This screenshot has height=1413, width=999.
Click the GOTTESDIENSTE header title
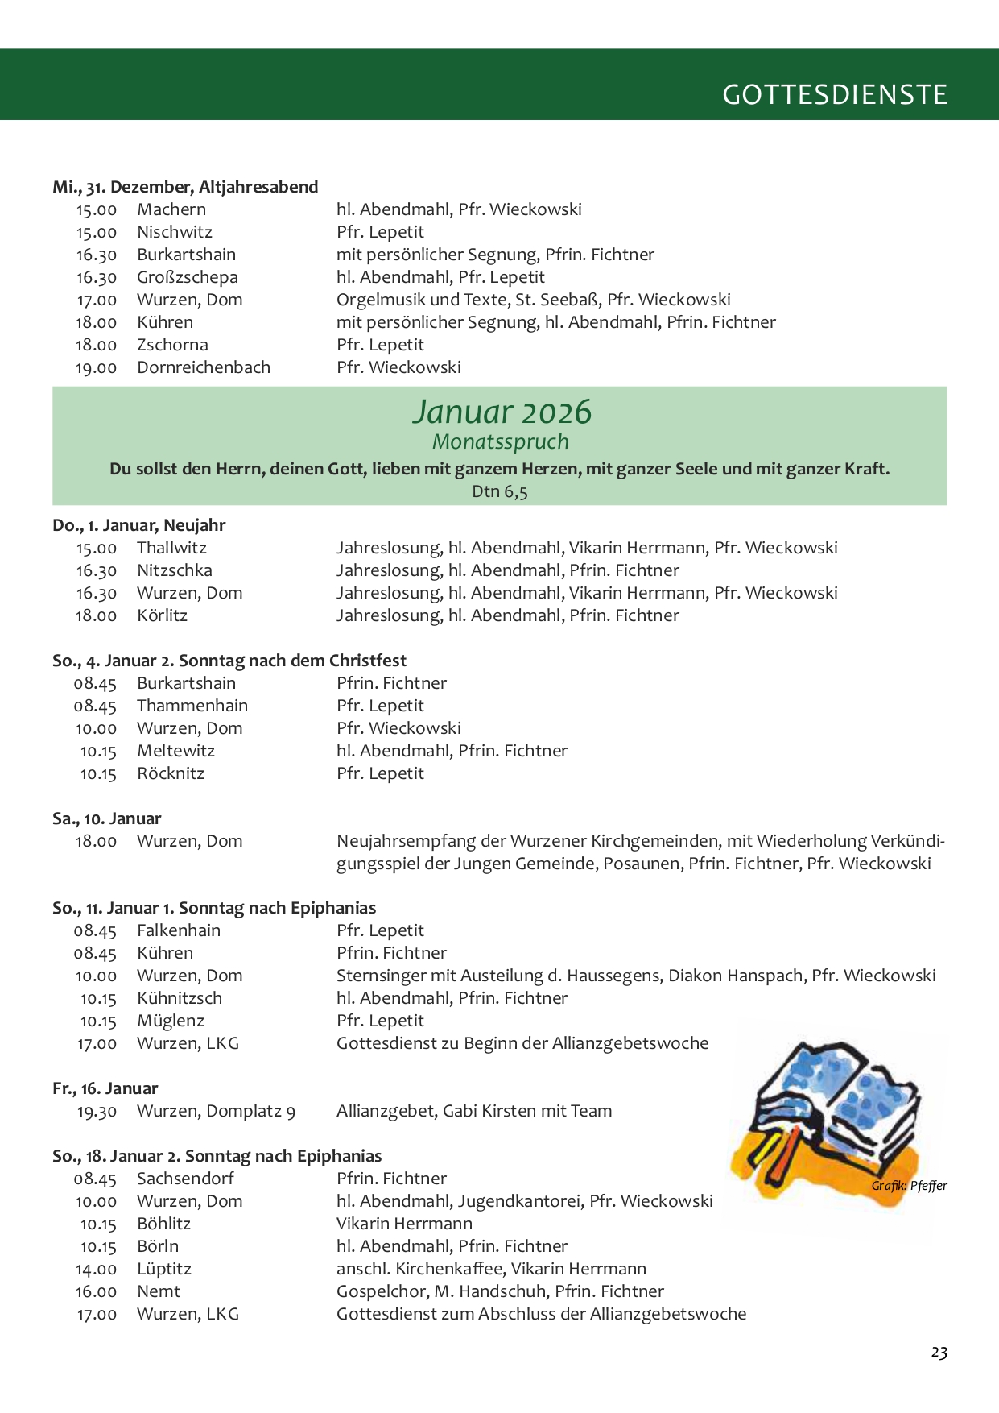coord(835,94)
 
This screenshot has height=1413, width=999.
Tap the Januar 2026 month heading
coord(502,412)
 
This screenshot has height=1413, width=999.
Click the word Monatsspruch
coord(500,441)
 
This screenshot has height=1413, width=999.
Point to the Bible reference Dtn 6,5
coord(499,491)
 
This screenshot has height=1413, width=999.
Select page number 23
coord(939,1352)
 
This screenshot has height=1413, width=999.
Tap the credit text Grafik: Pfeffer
coord(909,1185)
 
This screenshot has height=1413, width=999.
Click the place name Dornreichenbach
coord(204,367)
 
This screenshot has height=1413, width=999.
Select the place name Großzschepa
coord(188,277)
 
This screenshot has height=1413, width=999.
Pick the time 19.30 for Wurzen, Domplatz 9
coord(97,1112)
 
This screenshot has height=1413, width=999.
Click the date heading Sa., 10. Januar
coord(106,818)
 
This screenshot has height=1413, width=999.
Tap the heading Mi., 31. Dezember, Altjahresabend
coord(185,187)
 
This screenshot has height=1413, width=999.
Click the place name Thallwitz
coord(171,548)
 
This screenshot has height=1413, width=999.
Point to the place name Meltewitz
coord(175,751)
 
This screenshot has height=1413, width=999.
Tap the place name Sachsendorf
coord(185,1179)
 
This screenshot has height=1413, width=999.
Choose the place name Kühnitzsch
coord(179,998)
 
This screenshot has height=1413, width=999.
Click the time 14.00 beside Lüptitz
coord(97,1269)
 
